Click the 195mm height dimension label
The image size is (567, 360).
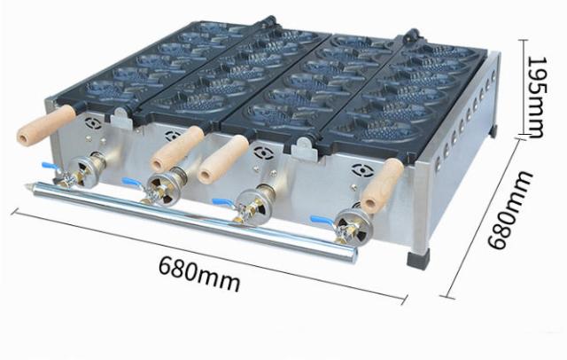click(535, 97)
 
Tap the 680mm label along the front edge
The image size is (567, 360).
click(199, 273)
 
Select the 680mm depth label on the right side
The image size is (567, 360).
click(510, 210)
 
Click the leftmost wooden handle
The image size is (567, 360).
click(46, 125)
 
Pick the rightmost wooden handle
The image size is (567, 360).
click(382, 185)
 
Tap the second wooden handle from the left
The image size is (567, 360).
click(177, 149)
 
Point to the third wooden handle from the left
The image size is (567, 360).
click(224, 159)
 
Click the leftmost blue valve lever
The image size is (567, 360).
click(51, 167)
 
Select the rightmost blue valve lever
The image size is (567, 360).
click(322, 220)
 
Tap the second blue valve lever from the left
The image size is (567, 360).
click(132, 182)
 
